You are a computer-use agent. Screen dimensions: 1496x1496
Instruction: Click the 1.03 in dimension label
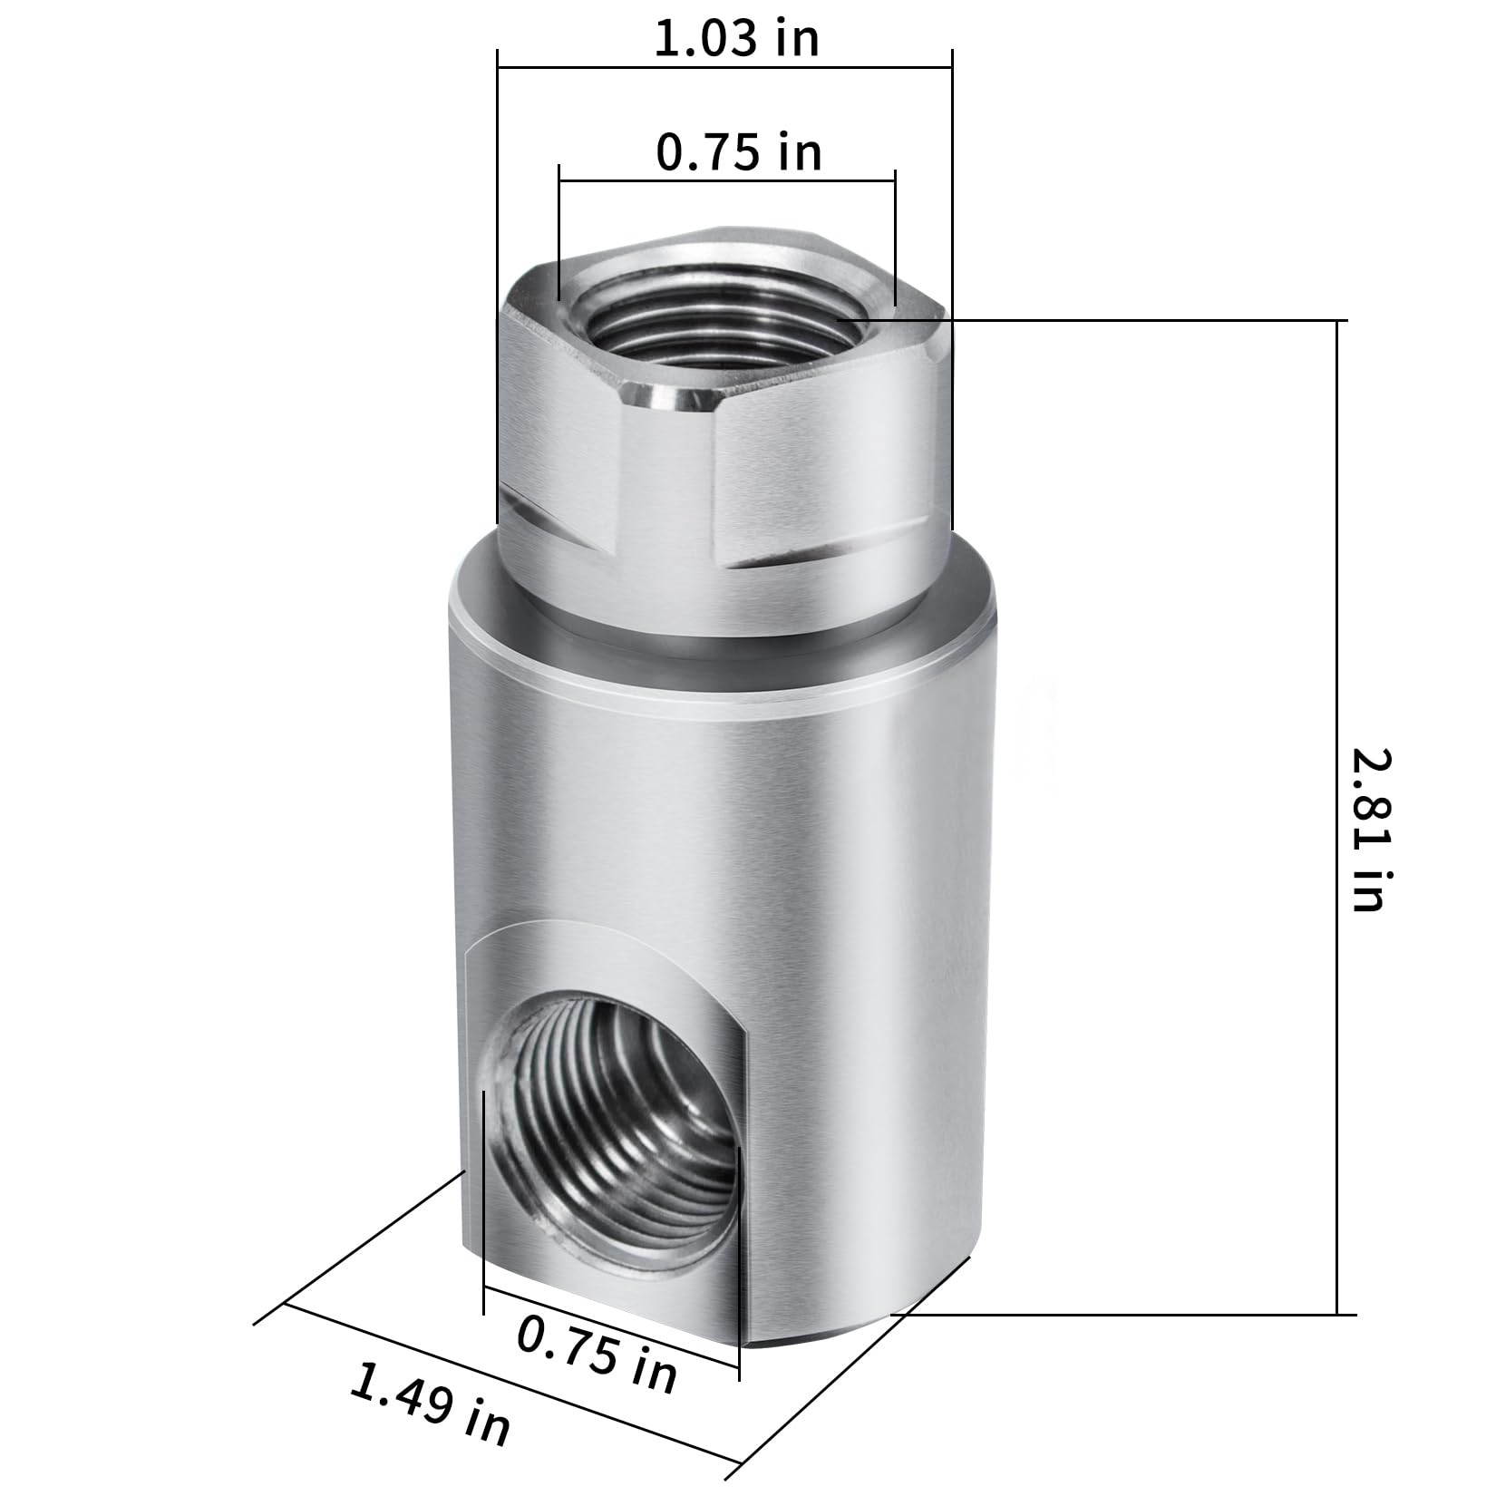pyautogui.click(x=736, y=39)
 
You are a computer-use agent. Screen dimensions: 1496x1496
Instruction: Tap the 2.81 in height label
pyautogui.click(x=1369, y=830)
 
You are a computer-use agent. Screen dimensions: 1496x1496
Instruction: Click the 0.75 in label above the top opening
pyautogui.click(x=739, y=151)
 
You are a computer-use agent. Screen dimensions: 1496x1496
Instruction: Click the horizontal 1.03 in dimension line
pyautogui.click(x=724, y=66)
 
